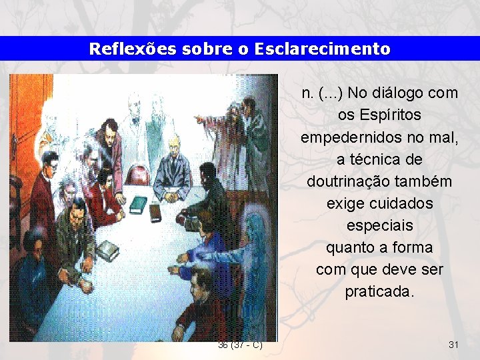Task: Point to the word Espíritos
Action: pyautogui.click(x=379, y=115)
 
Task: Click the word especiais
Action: pyautogui.click(x=379, y=225)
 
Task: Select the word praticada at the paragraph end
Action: pyautogui.click(x=379, y=292)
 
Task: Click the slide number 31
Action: pyautogui.click(x=453, y=345)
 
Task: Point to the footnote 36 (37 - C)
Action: pyautogui.click(x=240, y=345)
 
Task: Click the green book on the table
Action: pyautogui.click(x=137, y=203)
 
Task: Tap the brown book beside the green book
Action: pyautogui.click(x=155, y=212)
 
